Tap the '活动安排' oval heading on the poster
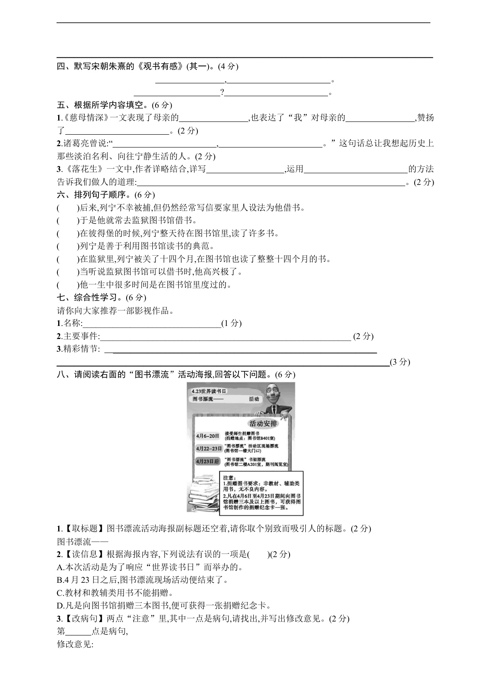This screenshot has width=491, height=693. coord(263,424)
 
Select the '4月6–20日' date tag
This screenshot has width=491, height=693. coord(208,436)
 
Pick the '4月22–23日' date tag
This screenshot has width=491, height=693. coord(209,448)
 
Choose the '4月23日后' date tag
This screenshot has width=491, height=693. coord(208,461)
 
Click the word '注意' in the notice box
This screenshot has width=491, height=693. coord(229,478)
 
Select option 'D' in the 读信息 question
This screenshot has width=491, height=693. coord(61,606)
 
